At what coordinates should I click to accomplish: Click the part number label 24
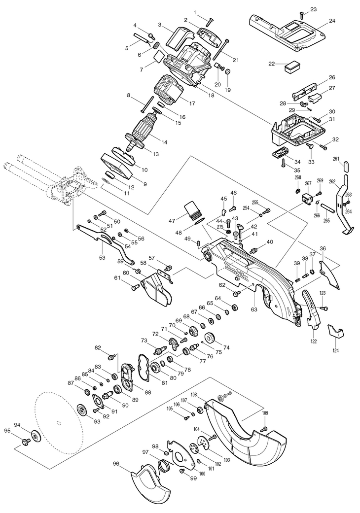point(332,21)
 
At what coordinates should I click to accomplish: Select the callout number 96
point(116,464)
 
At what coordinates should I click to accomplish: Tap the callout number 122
point(314,341)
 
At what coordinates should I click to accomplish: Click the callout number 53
point(102,258)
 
